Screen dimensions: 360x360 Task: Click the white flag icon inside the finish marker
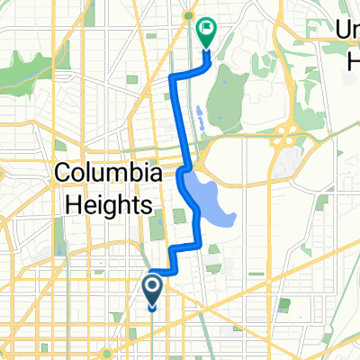pos(207,30)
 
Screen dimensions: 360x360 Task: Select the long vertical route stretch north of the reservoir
pos(177,117)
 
